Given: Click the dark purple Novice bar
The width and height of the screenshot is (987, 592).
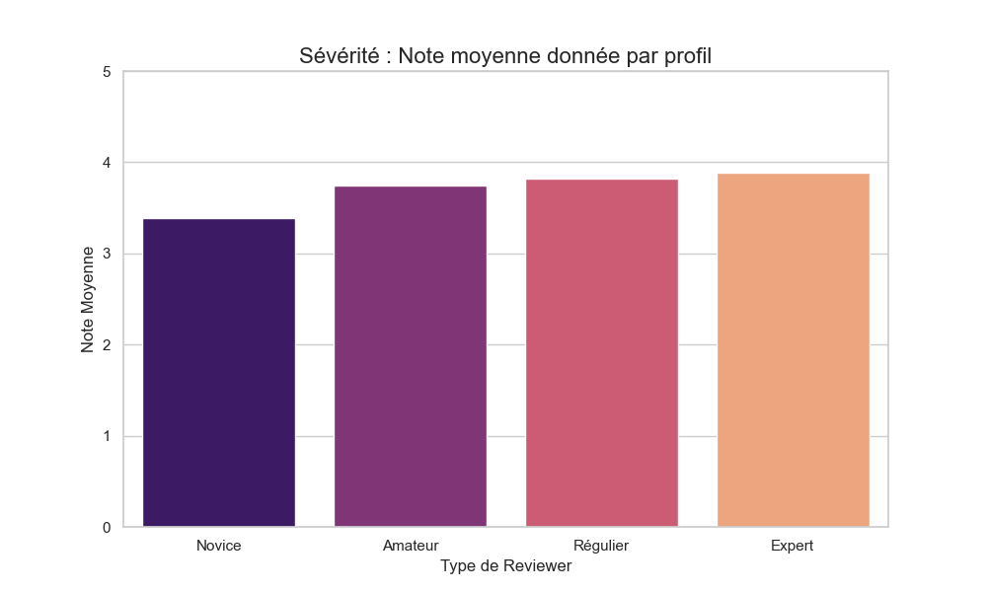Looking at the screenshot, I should tap(219, 373).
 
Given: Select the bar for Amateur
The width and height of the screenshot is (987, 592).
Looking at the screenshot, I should tap(411, 357).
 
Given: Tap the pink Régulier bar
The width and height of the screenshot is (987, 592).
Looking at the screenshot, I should tap(601, 353).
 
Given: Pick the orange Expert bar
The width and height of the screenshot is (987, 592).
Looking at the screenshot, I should tap(793, 350).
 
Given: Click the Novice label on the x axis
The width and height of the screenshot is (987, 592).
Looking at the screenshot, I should tap(219, 546).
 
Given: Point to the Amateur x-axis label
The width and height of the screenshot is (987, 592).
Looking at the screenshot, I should tap(411, 546).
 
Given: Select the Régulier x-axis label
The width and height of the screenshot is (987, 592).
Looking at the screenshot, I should tap(601, 546).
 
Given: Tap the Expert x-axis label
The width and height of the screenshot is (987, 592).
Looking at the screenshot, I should tap(793, 546).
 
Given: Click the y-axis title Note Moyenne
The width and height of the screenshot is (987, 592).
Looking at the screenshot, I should tap(87, 300).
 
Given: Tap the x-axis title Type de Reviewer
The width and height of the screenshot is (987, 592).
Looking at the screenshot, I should tap(505, 566).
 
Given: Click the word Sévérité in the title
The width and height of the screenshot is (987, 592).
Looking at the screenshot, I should tap(338, 56).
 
